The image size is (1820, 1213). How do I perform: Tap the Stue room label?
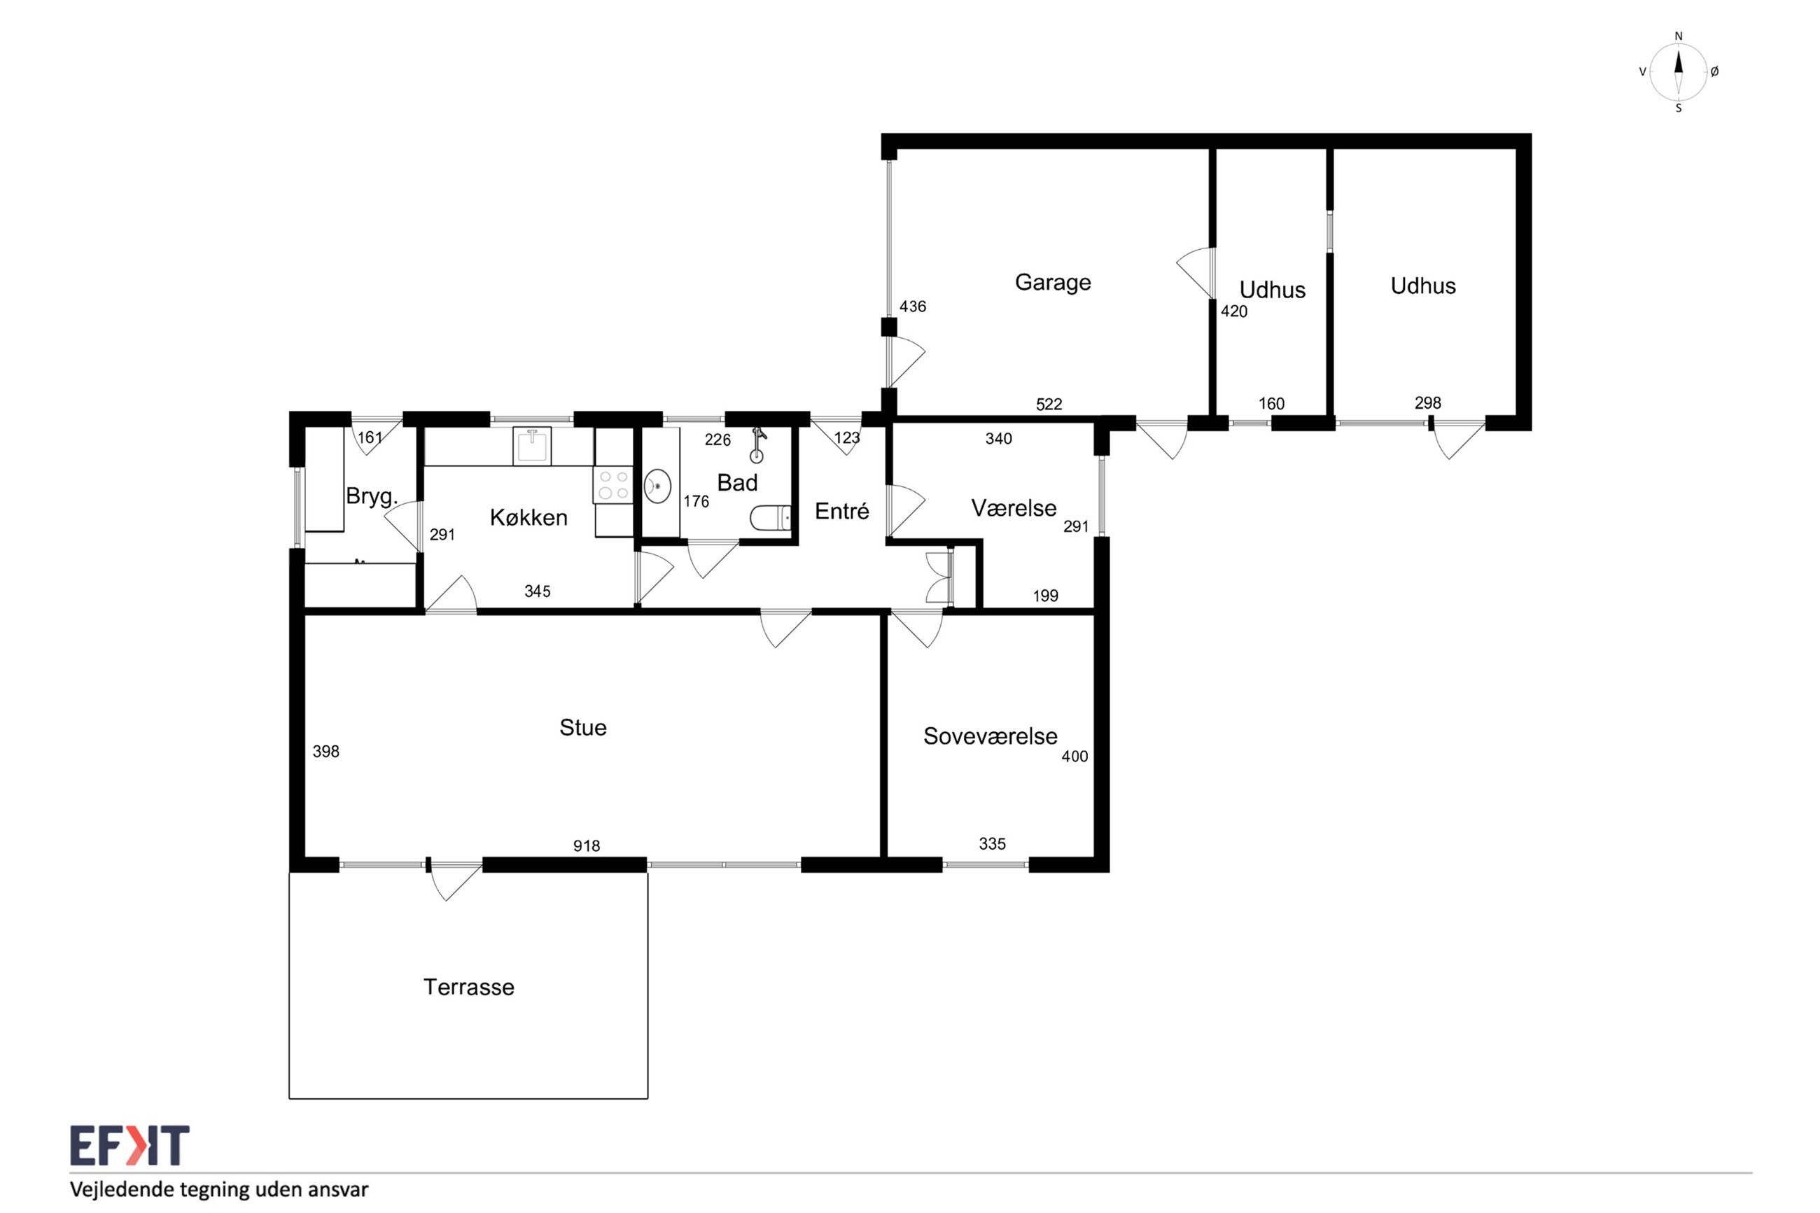[582, 728]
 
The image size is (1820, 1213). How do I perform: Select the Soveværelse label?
[990, 736]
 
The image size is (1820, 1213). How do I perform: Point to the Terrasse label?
[469, 987]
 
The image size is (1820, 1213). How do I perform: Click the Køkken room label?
[528, 517]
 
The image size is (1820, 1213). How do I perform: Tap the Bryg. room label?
[371, 497]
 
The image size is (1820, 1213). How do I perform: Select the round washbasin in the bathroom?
[657, 486]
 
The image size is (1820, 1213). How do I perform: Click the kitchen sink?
[532, 447]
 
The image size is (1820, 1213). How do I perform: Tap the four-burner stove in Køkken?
[613, 485]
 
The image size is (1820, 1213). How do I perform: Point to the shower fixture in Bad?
[758, 445]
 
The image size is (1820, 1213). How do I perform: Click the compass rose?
[1679, 72]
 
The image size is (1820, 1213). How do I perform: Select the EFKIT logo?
[130, 1145]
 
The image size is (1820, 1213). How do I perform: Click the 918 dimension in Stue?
[587, 846]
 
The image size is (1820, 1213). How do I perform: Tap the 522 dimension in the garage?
[1049, 404]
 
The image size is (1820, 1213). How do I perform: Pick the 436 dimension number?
[913, 307]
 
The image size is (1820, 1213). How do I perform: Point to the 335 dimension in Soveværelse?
[993, 844]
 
